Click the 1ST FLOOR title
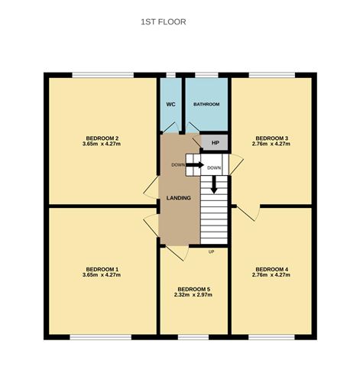(x=164, y=22)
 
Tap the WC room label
(x=170, y=105)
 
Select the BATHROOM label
(x=206, y=104)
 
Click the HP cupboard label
(x=216, y=143)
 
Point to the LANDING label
(x=179, y=198)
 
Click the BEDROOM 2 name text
(x=102, y=138)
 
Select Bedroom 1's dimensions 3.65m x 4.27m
(x=102, y=275)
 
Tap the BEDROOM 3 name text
(x=272, y=138)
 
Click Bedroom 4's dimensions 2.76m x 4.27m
(x=271, y=275)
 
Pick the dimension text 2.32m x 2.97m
(x=193, y=295)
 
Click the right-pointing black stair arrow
(x=195, y=165)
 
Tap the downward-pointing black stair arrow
(x=214, y=184)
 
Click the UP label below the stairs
(x=211, y=252)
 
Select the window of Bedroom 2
(x=103, y=75)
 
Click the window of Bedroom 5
(x=193, y=337)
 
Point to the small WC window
(x=171, y=75)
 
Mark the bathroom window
(x=206, y=75)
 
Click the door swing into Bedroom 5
(x=177, y=253)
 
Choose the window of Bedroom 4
(x=271, y=337)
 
